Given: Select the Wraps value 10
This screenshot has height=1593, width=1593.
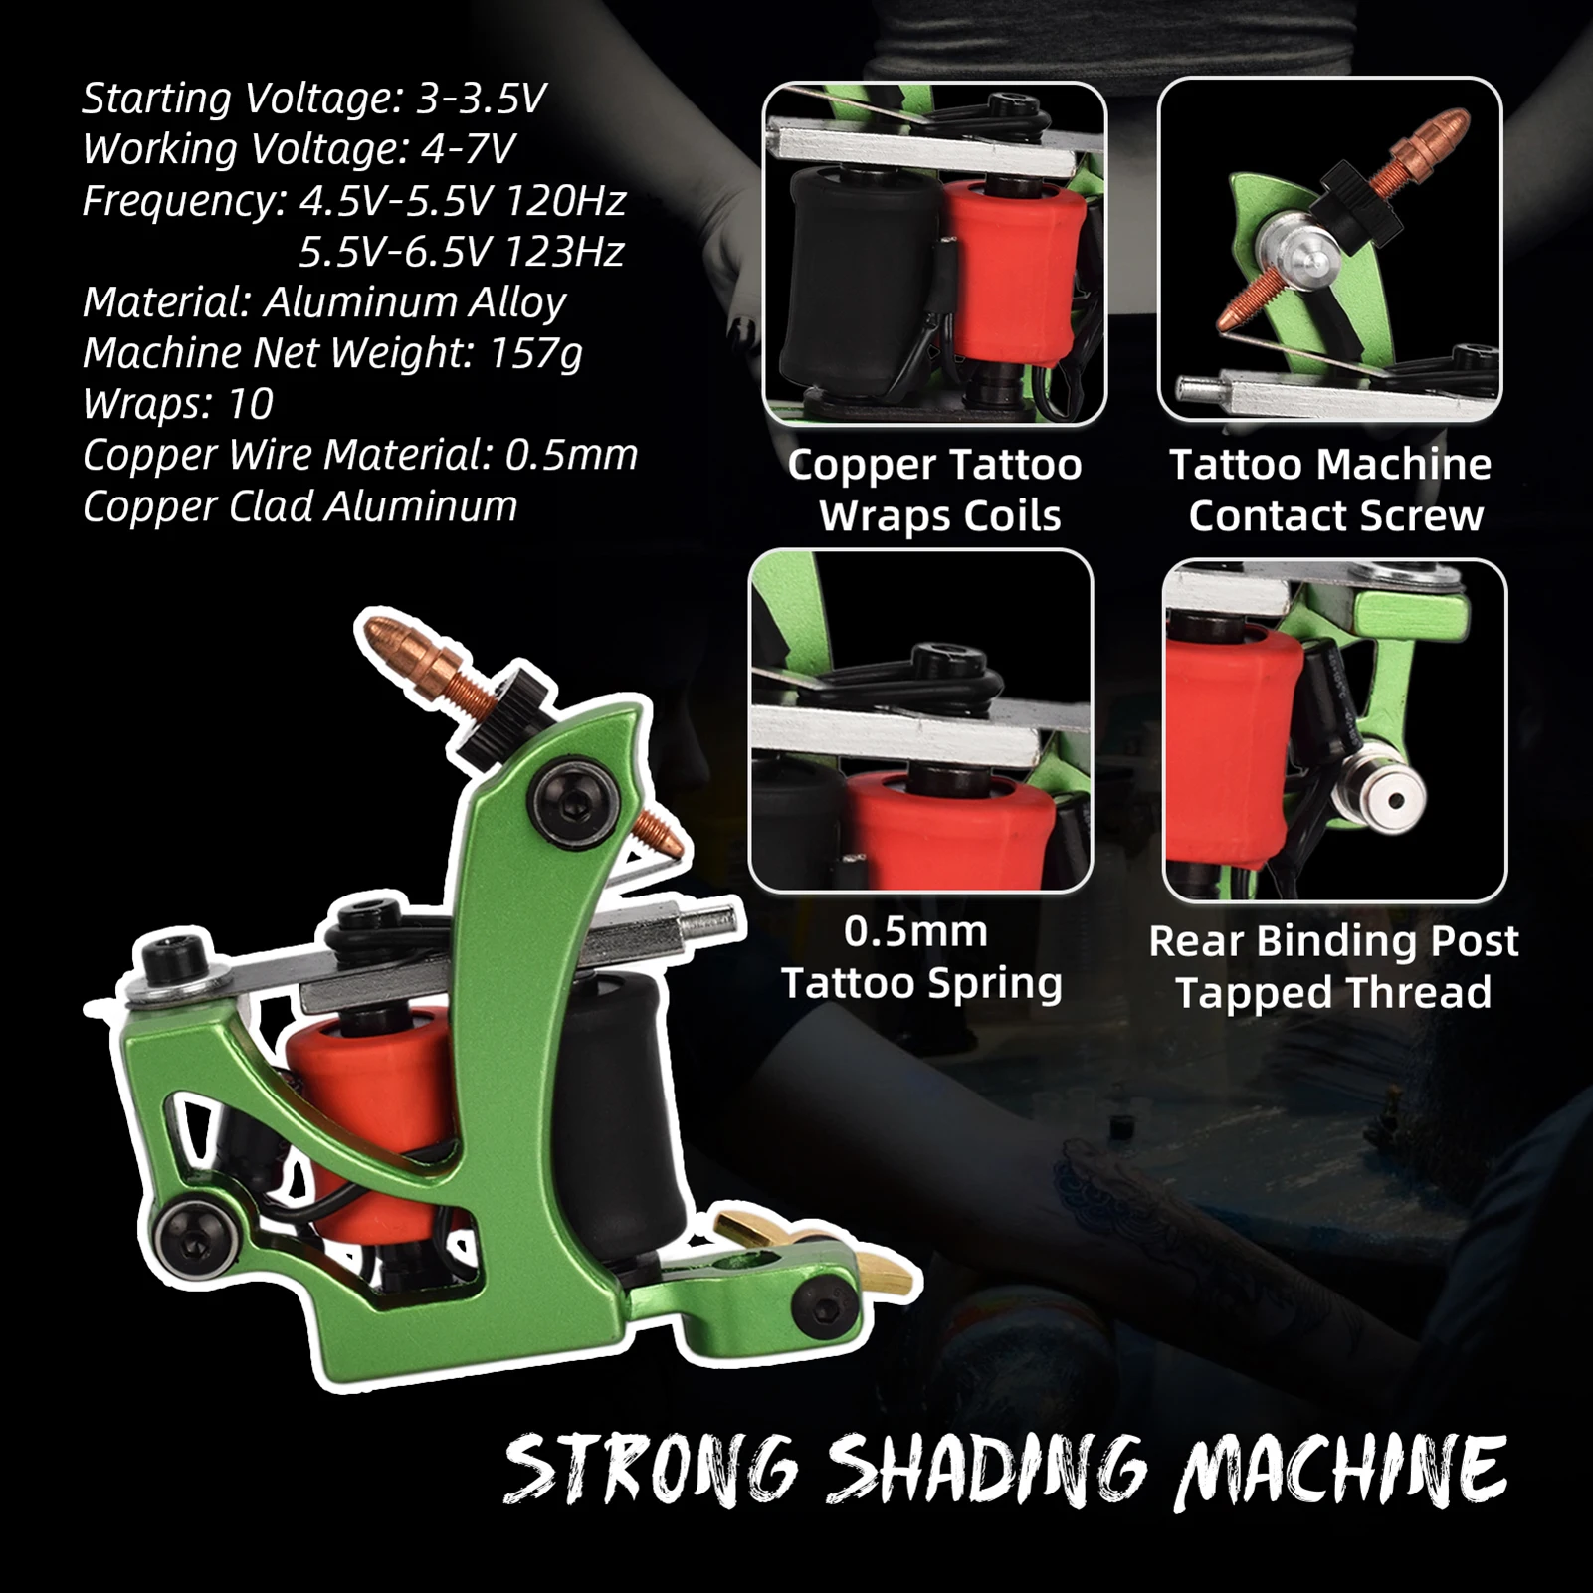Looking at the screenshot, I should click(x=250, y=404).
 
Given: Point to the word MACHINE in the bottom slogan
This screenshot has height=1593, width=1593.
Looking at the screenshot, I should click(x=1339, y=1471).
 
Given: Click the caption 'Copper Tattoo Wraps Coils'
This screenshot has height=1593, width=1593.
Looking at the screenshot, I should click(x=935, y=490).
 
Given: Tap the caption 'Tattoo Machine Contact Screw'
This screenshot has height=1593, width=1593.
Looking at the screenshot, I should click(x=1331, y=490).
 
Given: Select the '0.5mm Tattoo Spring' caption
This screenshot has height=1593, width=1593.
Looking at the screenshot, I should click(x=921, y=957).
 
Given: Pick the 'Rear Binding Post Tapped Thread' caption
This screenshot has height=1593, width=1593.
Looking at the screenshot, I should click(x=1333, y=966).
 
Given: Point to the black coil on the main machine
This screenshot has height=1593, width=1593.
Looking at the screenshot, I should click(x=617, y=1104).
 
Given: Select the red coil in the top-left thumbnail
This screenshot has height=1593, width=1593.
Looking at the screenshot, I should click(x=1010, y=269).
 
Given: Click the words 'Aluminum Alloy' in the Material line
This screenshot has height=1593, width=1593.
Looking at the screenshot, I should click(x=414, y=302).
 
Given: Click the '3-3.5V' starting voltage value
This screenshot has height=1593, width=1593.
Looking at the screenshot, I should click(x=482, y=99).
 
